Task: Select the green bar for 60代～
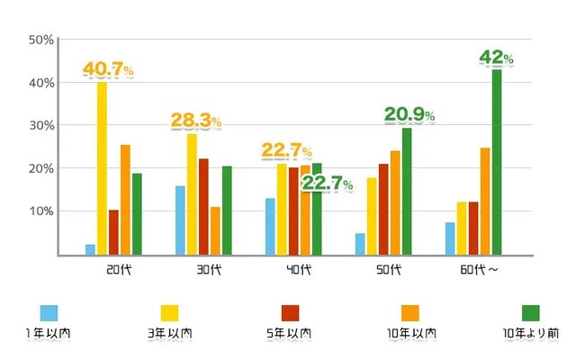[x=497, y=162]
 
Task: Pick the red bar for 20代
[x=113, y=232]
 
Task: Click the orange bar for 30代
[x=215, y=231]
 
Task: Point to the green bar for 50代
[x=407, y=192]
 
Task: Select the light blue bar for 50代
[x=360, y=244]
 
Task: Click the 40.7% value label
[x=108, y=68]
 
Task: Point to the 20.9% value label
[x=409, y=114]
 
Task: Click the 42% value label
[x=497, y=58]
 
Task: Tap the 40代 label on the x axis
[x=299, y=269]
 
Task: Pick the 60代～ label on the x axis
[x=479, y=269]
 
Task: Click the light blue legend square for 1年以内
[x=49, y=313]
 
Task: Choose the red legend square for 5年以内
[x=290, y=313]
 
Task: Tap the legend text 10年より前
[x=531, y=333]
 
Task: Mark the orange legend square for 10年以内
[x=410, y=313]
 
